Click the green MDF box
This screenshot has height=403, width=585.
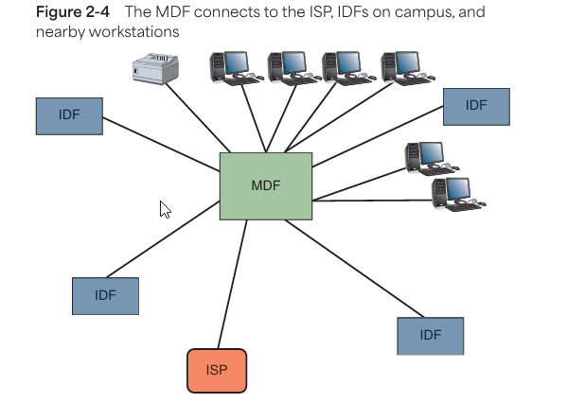point(266,185)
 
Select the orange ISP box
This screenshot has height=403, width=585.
point(217,370)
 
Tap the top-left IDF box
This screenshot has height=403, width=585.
point(69,115)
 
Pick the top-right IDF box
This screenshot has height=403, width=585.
point(476,106)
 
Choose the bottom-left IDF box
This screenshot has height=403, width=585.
point(105,295)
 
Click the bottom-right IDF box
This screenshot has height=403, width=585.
point(431,335)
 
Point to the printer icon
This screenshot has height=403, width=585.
point(155,68)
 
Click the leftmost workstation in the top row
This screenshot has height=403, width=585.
point(232,68)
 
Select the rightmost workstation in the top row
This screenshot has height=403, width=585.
point(402,68)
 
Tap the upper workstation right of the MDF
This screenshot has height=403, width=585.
point(425,158)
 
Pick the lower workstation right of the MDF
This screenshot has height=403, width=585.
point(453,193)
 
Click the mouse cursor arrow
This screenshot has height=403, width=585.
point(165,209)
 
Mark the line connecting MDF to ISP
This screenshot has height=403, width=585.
point(232,284)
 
